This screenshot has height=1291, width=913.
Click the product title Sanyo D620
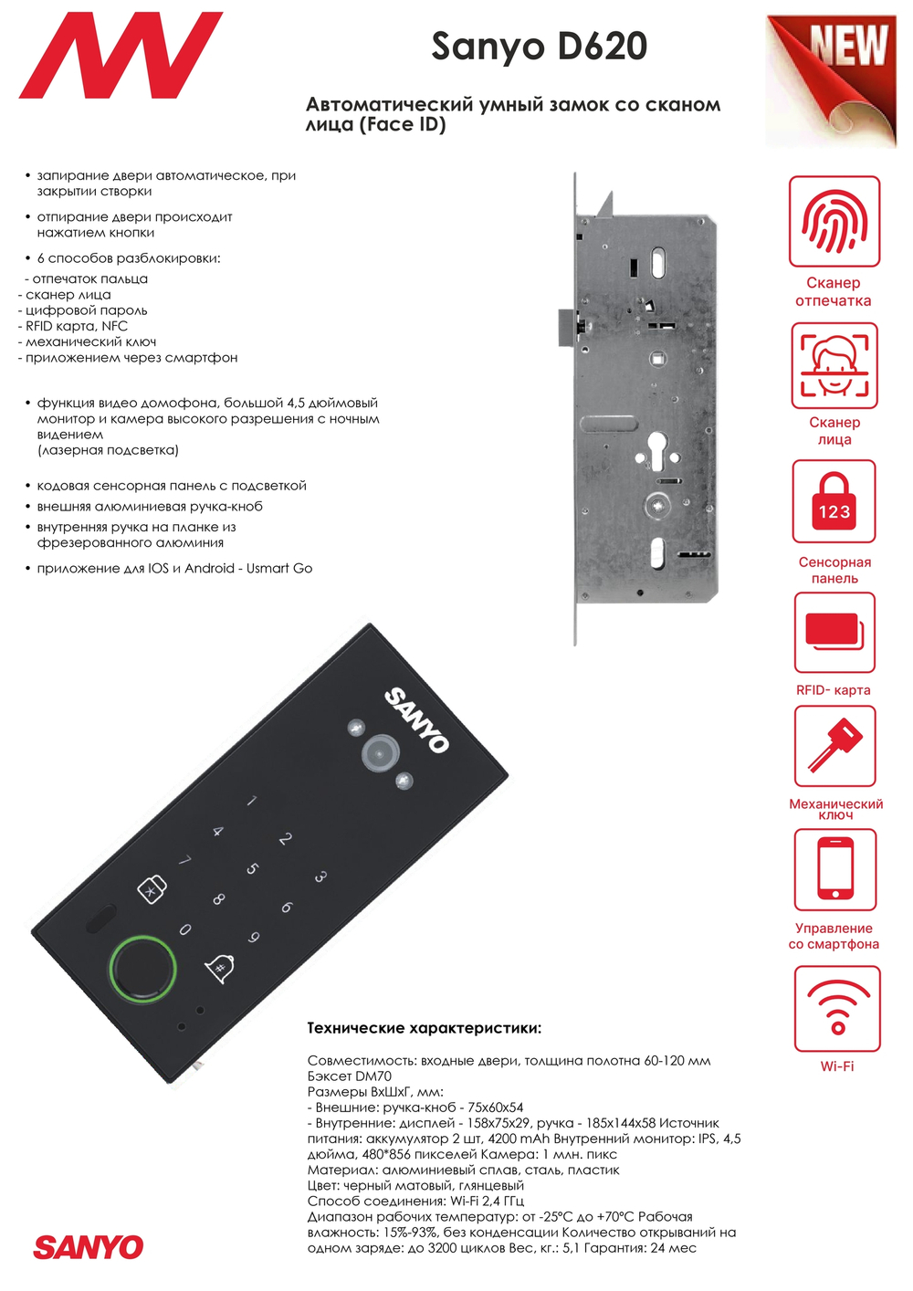539,47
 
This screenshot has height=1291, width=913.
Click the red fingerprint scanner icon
834,221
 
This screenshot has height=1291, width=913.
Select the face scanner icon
834,365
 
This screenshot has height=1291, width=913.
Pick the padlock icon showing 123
834,501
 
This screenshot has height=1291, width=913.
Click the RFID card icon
834,632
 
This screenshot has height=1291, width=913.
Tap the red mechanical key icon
834,746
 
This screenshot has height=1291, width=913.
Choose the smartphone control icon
834,869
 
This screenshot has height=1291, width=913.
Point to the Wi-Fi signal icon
837,1008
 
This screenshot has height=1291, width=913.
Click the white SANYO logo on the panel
417,719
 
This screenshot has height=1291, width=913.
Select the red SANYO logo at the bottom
89,1247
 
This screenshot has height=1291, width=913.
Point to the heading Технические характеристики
425,1028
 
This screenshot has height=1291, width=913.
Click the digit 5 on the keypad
252,868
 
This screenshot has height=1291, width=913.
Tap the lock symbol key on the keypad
152,889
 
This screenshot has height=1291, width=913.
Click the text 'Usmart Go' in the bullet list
279,568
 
